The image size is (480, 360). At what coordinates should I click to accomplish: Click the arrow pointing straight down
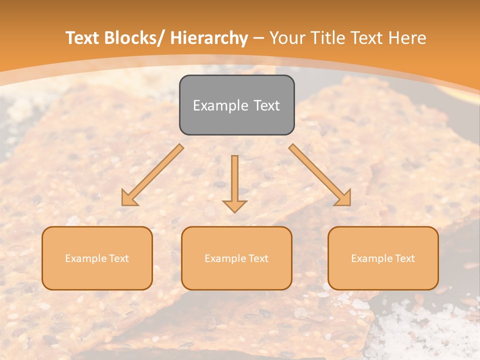click(234, 182)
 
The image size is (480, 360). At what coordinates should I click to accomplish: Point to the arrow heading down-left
click(152, 175)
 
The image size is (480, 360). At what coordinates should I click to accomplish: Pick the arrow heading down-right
click(320, 175)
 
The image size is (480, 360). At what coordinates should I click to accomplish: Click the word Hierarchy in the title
click(208, 38)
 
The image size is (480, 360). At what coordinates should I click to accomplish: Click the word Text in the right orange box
click(404, 258)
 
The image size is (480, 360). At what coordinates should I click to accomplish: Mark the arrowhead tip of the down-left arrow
click(122, 205)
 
